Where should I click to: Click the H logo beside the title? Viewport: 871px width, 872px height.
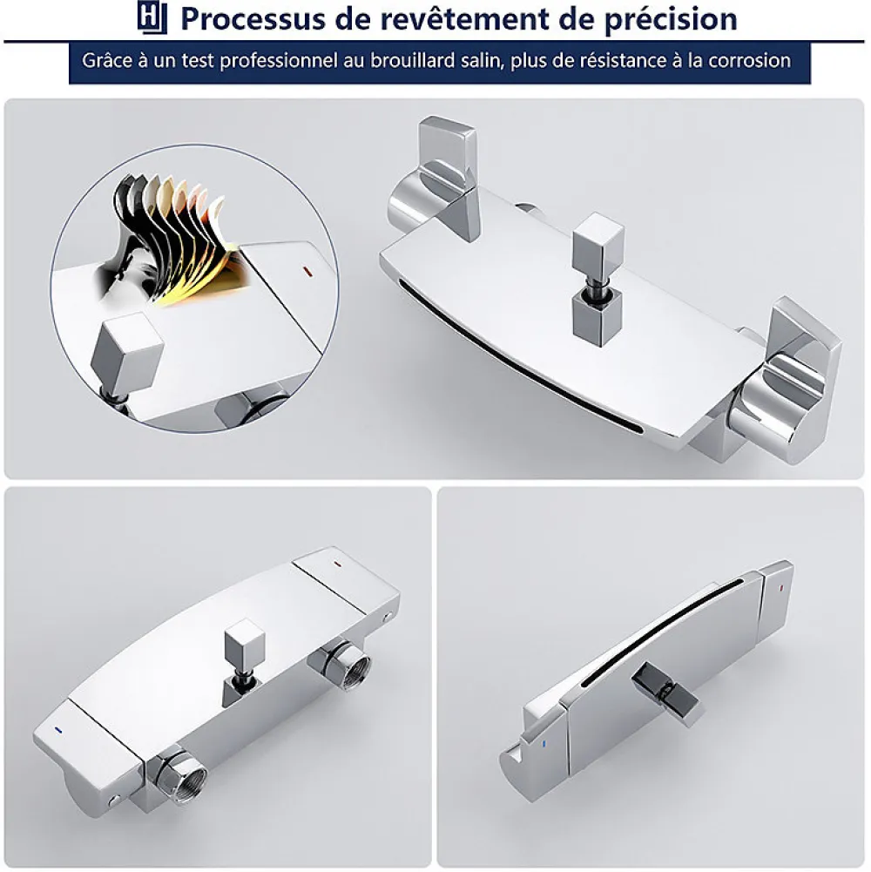[x=152, y=17]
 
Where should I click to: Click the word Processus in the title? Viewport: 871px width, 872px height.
[x=253, y=19]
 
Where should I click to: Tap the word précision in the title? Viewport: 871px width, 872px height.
[x=671, y=20]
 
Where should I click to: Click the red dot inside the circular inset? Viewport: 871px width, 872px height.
[x=306, y=272]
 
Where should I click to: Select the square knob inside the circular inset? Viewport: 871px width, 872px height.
[x=127, y=351]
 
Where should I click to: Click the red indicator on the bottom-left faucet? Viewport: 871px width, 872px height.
[x=337, y=563]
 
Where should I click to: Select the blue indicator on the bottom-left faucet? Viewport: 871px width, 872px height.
[x=57, y=729]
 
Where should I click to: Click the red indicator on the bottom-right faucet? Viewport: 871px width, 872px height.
[x=781, y=587]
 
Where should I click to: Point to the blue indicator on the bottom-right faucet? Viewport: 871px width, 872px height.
[x=544, y=744]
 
